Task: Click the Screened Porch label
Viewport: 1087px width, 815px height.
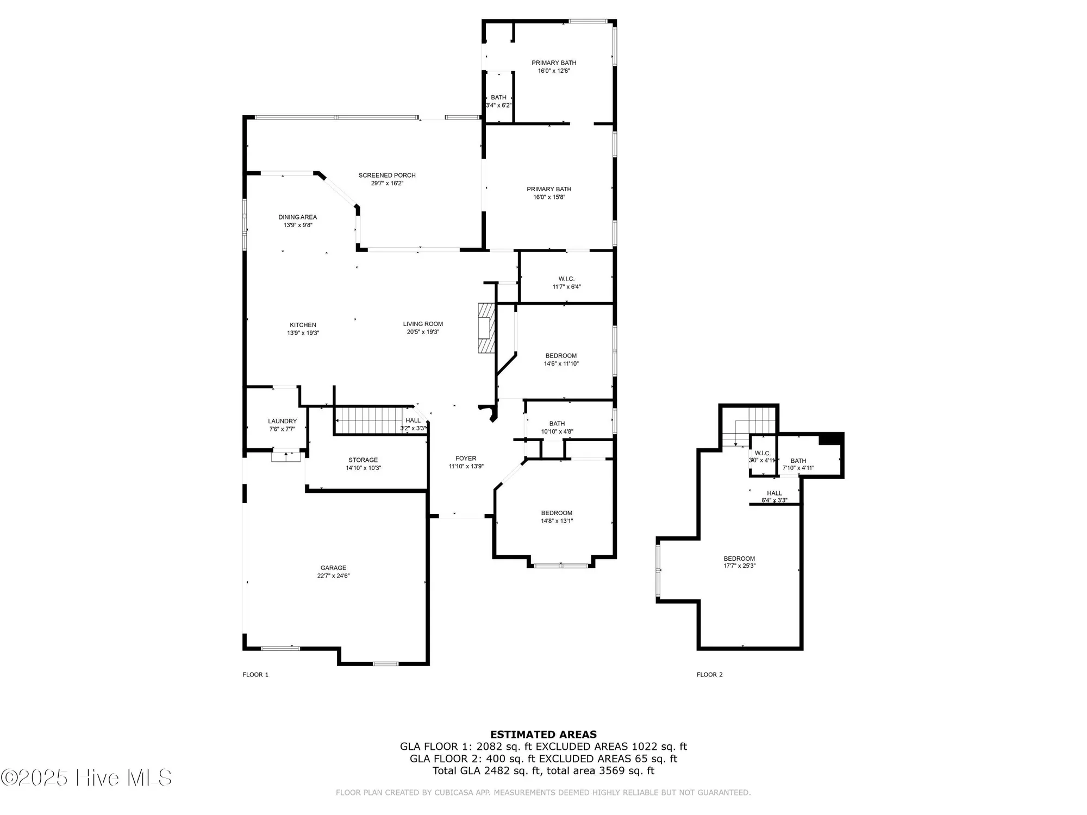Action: pyautogui.click(x=387, y=175)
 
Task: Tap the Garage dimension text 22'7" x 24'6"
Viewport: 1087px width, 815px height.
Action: pyautogui.click(x=333, y=576)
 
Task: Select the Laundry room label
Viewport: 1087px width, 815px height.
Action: pyautogui.click(x=282, y=421)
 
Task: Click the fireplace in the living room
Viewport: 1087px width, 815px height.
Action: pyautogui.click(x=486, y=328)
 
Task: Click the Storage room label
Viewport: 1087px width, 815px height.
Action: pyautogui.click(x=363, y=460)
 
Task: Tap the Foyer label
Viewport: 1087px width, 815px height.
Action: pyautogui.click(x=466, y=459)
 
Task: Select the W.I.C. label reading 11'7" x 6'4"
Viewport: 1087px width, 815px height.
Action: pyautogui.click(x=566, y=279)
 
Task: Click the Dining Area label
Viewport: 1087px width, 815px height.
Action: pyautogui.click(x=297, y=217)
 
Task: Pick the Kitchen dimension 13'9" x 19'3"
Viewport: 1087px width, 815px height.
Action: pyautogui.click(x=303, y=333)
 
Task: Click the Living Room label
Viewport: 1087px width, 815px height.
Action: pyautogui.click(x=423, y=324)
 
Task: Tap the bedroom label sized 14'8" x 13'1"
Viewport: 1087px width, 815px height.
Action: pyautogui.click(x=557, y=513)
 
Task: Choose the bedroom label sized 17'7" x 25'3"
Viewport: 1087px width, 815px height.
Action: pyautogui.click(x=739, y=559)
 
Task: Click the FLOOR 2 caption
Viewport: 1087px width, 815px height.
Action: pyautogui.click(x=709, y=675)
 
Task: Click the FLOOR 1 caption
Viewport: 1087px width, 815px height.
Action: pyautogui.click(x=255, y=675)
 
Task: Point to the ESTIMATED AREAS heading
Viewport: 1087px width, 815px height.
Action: pyautogui.click(x=543, y=735)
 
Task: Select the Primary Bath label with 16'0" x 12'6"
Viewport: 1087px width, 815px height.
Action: pyautogui.click(x=554, y=63)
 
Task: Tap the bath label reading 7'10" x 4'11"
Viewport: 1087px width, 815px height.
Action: pyautogui.click(x=798, y=461)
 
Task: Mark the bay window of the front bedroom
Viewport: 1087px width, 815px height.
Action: pyautogui.click(x=560, y=566)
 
